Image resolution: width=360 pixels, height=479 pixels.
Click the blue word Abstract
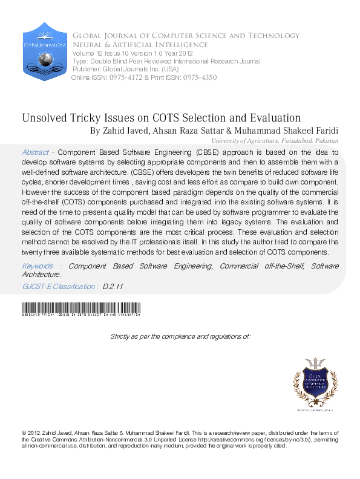click(x=35, y=152)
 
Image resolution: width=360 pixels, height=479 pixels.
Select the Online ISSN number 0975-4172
click(x=125, y=77)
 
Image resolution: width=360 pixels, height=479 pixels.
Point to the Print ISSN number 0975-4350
click(x=195, y=77)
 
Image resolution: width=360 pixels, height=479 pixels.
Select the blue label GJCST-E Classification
click(x=59, y=287)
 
